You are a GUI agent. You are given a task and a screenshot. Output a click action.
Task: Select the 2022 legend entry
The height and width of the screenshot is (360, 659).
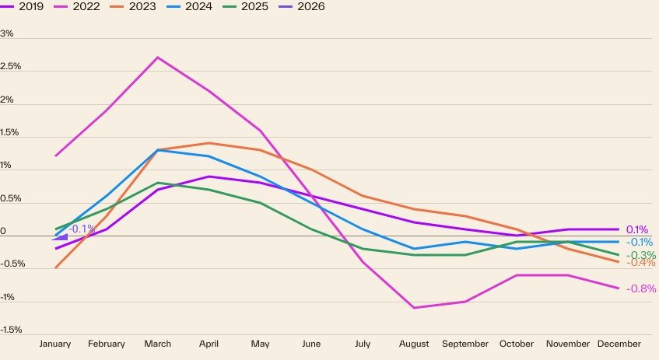click(82, 7)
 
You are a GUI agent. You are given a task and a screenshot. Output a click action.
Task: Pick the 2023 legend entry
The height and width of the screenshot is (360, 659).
click(138, 7)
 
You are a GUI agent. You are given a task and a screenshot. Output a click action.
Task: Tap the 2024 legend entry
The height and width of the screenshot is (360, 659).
click(194, 7)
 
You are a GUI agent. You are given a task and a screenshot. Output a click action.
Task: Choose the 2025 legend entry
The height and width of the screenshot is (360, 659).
click(250, 7)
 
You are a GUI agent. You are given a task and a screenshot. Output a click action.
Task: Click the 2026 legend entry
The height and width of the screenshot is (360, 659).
click(305, 7)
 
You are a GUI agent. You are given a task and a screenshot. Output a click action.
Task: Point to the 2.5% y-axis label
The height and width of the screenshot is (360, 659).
click(11, 67)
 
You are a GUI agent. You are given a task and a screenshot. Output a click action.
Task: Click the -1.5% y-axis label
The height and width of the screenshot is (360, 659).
click(11, 330)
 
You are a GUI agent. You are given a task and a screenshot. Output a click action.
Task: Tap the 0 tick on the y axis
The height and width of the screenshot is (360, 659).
click(4, 232)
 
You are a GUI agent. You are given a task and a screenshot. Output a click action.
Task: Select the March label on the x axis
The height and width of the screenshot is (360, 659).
click(158, 344)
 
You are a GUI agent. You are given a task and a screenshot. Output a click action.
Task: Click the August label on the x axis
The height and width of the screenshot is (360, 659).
click(414, 344)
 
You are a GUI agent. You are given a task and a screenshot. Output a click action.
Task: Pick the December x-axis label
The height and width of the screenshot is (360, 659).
click(619, 344)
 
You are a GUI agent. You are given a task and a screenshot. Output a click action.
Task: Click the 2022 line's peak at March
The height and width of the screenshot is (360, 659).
click(158, 57)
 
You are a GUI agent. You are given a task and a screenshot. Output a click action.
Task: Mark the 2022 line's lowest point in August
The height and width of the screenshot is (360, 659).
click(414, 308)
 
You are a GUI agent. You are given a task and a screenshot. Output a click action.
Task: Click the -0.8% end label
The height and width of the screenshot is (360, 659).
click(642, 288)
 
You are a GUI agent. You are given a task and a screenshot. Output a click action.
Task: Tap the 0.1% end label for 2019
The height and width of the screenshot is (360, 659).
click(637, 229)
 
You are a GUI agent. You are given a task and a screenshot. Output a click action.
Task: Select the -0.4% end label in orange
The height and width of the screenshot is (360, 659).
click(642, 263)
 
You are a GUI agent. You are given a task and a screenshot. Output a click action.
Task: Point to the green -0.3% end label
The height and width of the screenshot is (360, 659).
click(642, 255)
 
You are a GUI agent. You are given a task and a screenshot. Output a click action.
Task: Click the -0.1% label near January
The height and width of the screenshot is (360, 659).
click(82, 229)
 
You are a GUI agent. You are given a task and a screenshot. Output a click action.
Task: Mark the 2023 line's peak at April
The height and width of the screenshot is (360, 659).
click(209, 143)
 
